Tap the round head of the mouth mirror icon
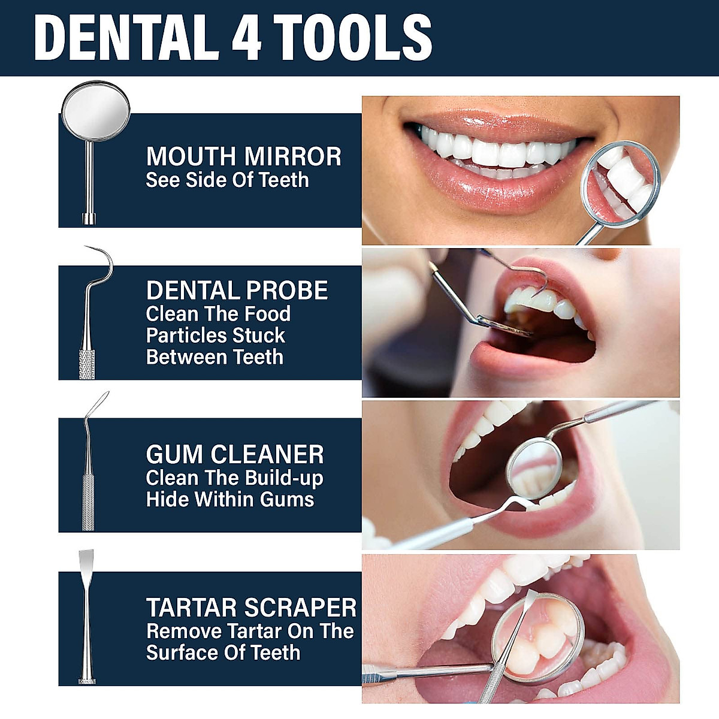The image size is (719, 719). coord(95,109)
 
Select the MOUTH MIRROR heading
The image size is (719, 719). coord(243,156)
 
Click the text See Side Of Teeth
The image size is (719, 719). coord(227,180)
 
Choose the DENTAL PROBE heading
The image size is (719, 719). coord(237,291)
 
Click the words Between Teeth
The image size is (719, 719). coord(215,357)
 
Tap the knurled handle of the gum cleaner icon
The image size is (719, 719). coord(88,501)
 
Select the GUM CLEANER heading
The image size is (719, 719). coord(235,454)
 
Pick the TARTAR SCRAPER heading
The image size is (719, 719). coord(251,608)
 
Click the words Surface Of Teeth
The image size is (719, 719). coord(223,652)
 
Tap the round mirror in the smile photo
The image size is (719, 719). coord(622,183)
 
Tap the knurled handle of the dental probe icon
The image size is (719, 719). coord(87,362)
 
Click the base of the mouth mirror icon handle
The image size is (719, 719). coord(89,218)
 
